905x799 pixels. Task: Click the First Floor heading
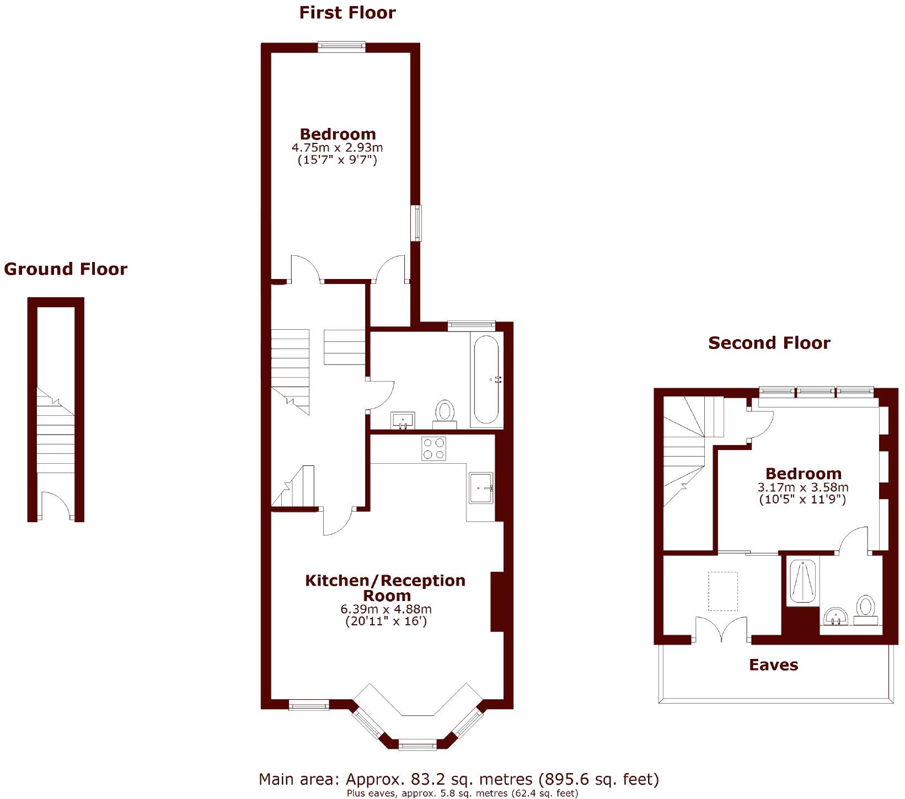coord(347,13)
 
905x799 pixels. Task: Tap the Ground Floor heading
coord(66,269)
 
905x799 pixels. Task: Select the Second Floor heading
coord(769,343)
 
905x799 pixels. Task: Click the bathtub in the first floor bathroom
coord(486,379)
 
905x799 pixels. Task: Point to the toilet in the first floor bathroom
coord(445,412)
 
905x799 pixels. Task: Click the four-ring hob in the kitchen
coord(433,448)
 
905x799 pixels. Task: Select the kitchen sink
coord(481,487)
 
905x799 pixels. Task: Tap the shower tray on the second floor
coord(802,582)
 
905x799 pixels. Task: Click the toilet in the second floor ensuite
coord(866,608)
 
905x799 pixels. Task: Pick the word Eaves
coord(773,665)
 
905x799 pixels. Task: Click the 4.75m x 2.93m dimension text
coord(337,148)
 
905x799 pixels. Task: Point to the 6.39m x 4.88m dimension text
coord(386,609)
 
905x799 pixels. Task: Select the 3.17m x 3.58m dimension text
coord(802,487)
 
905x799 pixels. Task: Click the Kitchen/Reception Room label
coord(385,588)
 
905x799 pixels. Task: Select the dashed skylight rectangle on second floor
coord(722,591)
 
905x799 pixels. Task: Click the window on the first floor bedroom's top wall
coord(341,46)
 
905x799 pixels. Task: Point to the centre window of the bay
coord(417,746)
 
